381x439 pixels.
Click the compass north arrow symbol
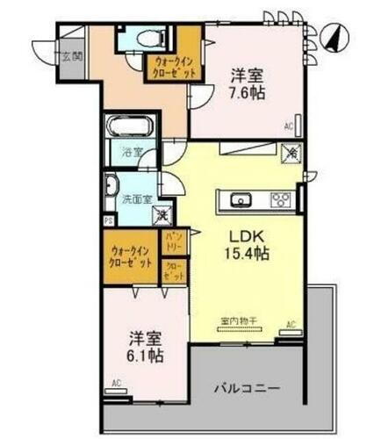click(x=334, y=37)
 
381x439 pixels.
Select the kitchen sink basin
click(x=240, y=199)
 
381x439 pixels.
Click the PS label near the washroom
click(x=108, y=223)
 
